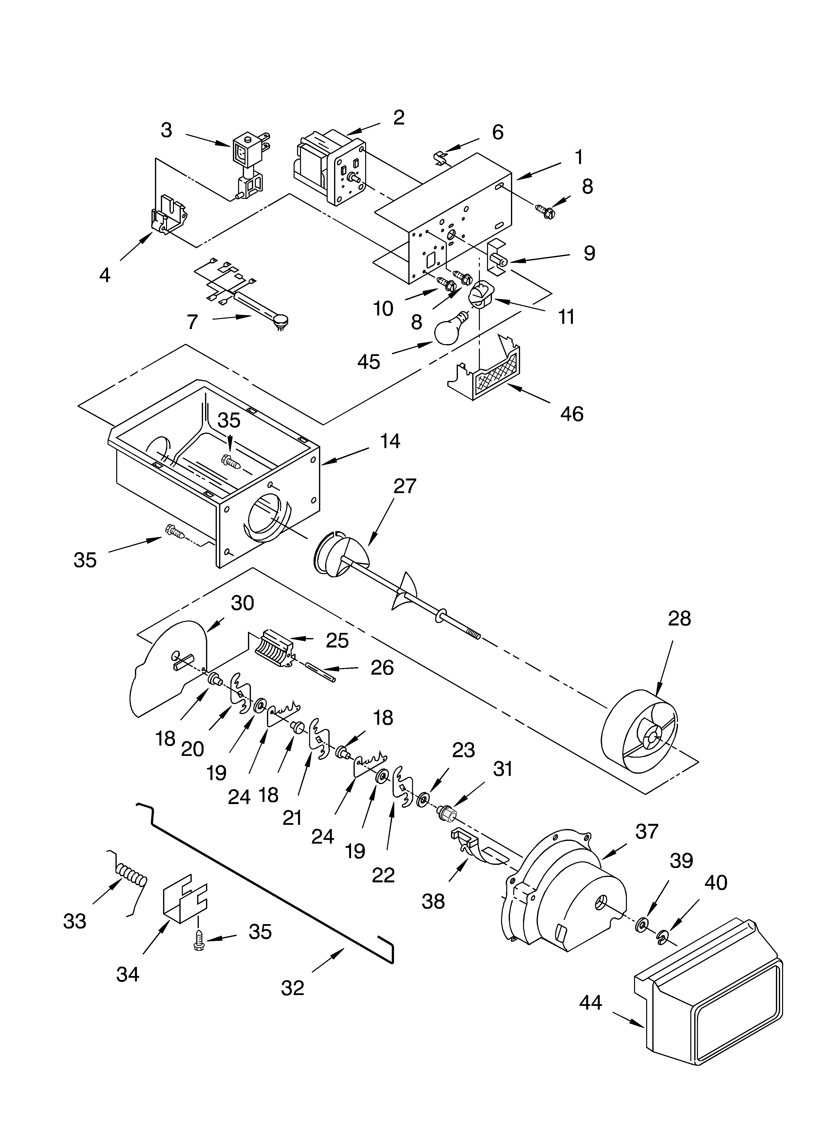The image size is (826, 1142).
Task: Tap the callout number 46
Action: coord(572,414)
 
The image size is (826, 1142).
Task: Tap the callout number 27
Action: coord(405,486)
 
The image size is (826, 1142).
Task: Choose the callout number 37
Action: coord(646,832)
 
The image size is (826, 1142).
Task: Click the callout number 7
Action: coord(192,322)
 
